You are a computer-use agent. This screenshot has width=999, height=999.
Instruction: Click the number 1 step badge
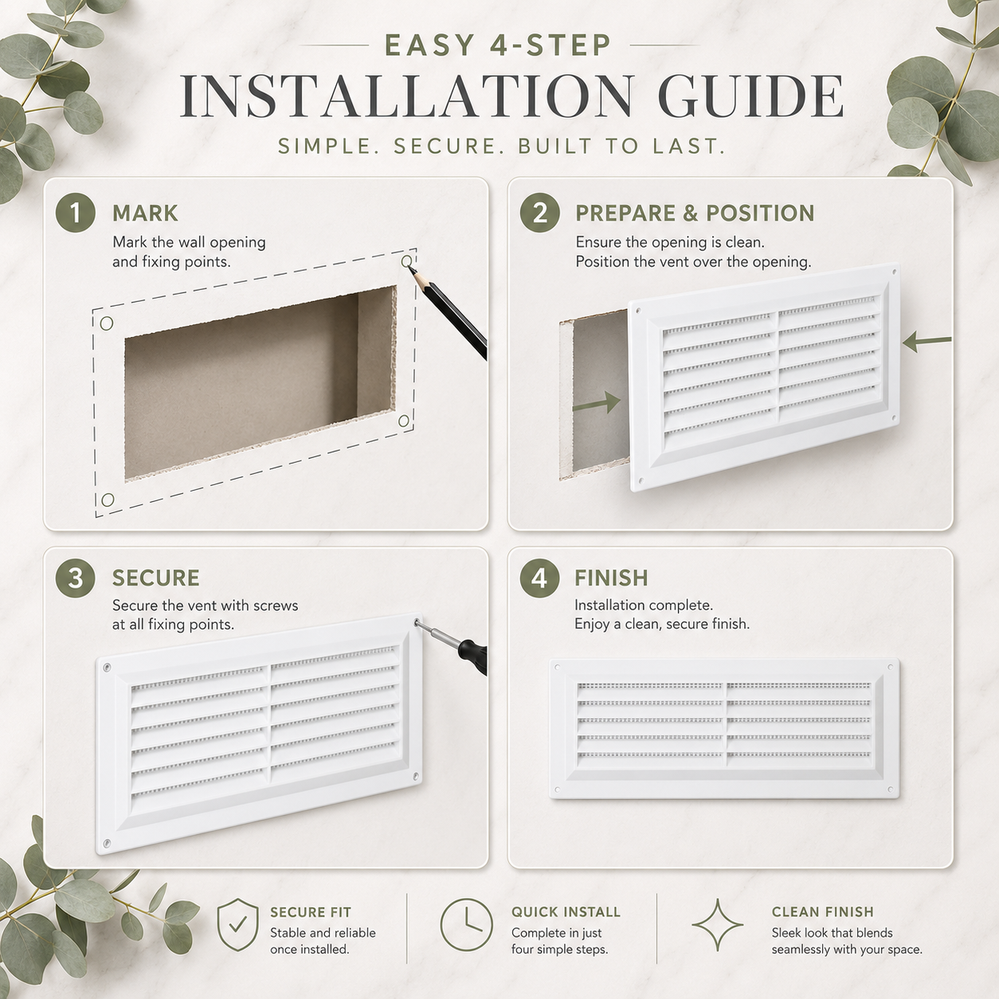pyautogui.click(x=75, y=213)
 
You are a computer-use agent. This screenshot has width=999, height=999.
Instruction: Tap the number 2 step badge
pyautogui.click(x=539, y=213)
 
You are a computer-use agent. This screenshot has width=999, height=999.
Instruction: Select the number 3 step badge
pyautogui.click(x=75, y=578)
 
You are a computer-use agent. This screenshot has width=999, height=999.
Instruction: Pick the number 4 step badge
pyautogui.click(x=539, y=578)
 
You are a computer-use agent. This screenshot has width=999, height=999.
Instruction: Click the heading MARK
pyautogui.click(x=145, y=213)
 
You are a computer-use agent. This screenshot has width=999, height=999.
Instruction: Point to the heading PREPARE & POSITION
pyautogui.click(x=695, y=213)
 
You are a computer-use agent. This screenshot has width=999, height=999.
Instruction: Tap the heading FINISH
pyautogui.click(x=611, y=578)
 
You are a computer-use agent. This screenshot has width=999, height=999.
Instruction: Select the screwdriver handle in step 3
pyautogui.click(x=472, y=657)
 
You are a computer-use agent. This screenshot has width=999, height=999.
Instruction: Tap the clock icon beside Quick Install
pyautogui.click(x=466, y=924)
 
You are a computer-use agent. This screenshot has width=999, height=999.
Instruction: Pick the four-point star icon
pyautogui.click(x=718, y=924)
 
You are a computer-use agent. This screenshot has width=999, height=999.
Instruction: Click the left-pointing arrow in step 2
pyautogui.click(x=927, y=341)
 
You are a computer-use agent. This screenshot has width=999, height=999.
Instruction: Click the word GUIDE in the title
pyautogui.click(x=750, y=97)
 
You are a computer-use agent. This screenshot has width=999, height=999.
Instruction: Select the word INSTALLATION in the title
pyautogui.click(x=407, y=97)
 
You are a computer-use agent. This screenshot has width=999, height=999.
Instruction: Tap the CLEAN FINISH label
pyautogui.click(x=823, y=912)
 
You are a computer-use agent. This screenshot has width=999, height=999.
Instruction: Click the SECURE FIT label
pyautogui.click(x=311, y=912)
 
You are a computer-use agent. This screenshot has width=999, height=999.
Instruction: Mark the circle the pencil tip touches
pyautogui.click(x=407, y=261)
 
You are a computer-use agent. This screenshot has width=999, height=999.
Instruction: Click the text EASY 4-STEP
pyautogui.click(x=499, y=45)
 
